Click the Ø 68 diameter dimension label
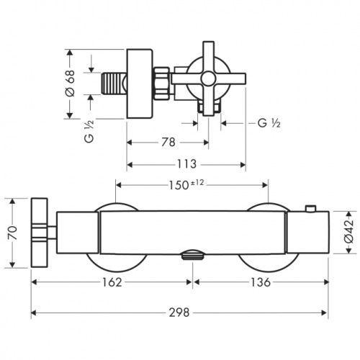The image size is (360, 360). pyautogui.click(x=70, y=83)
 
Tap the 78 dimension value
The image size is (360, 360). pyautogui.click(x=168, y=142)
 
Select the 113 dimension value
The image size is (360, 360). pyautogui.click(x=186, y=164)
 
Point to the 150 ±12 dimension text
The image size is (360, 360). pyautogui.click(x=186, y=185)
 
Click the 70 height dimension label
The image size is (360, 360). pyautogui.click(x=12, y=233)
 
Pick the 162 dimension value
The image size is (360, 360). pyautogui.click(x=112, y=282)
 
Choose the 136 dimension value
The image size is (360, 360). pyautogui.click(x=261, y=282)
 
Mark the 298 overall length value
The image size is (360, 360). pyautogui.click(x=179, y=312)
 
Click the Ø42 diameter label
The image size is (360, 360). pyautogui.click(x=349, y=232)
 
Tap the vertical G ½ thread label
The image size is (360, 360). pyautogui.click(x=89, y=131)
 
